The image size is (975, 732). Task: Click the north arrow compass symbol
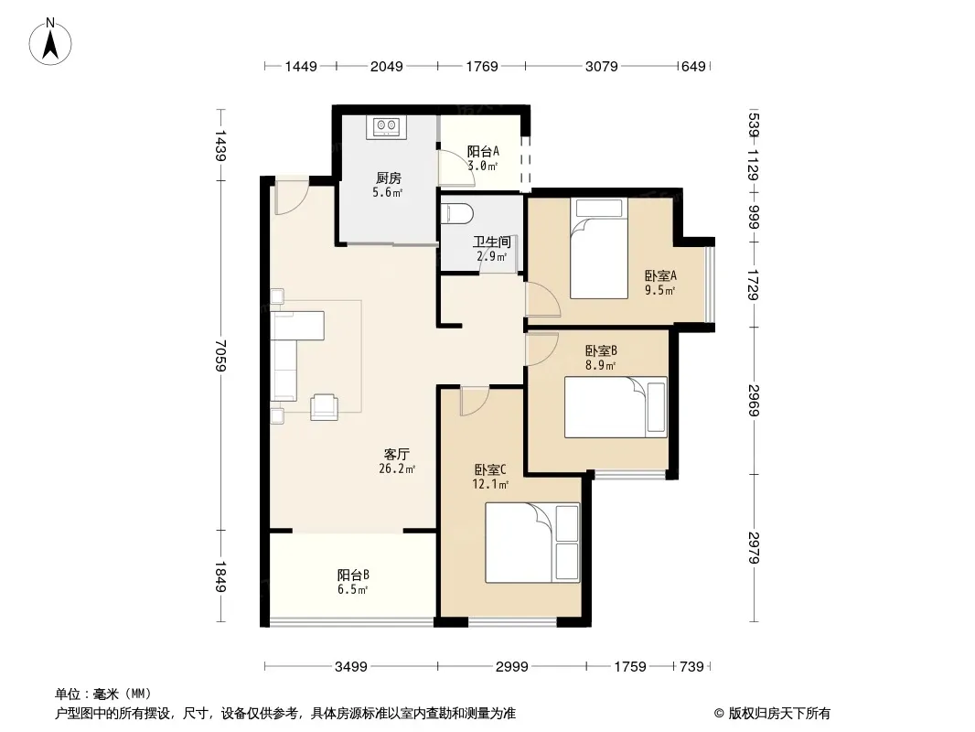50,42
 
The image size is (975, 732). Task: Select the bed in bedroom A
598,248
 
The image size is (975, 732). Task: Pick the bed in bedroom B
616,407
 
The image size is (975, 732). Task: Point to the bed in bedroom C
532,543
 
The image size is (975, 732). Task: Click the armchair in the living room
324,407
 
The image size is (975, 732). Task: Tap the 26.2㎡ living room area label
397,468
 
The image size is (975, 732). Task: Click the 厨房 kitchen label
388,178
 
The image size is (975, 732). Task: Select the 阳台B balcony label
353,575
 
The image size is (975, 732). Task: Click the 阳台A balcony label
483,151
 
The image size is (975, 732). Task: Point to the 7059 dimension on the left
220,355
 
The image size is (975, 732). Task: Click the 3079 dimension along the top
601,66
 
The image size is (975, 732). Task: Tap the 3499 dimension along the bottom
350,667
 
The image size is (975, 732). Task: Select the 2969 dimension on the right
754,400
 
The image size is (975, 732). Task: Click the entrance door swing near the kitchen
291,197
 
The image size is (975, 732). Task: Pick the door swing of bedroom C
475,401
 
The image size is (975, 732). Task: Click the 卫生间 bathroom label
491,242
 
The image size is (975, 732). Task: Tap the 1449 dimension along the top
301,66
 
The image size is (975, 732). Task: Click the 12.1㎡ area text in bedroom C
490,484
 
